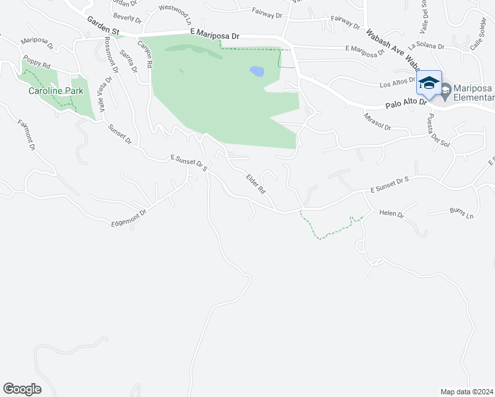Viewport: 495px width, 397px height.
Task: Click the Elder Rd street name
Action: tap(255, 183)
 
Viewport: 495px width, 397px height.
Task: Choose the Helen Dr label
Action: tap(391, 214)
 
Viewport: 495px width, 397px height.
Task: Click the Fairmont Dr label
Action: tap(26, 135)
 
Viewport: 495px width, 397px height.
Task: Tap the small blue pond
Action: tap(257, 71)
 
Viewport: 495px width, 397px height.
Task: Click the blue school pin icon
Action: tap(429, 84)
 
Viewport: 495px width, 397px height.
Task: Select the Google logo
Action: tap(22, 388)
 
